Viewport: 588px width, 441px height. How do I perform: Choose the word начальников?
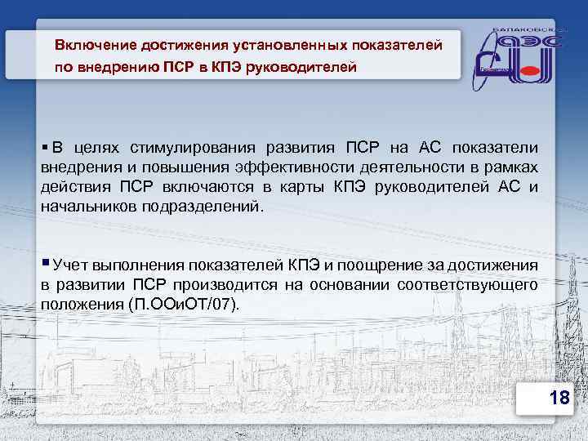[x=89, y=207]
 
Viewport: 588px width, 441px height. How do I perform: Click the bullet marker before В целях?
[x=44, y=148]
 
